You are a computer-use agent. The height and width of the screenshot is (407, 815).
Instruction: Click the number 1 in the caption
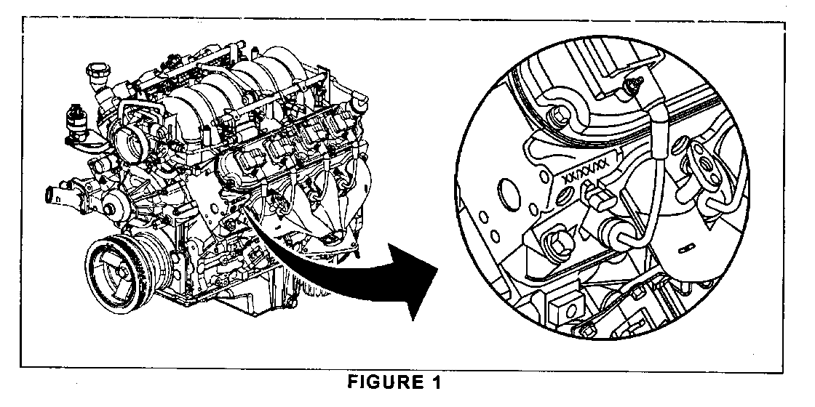point(436,383)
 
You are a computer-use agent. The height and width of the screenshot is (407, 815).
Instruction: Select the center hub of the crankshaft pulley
point(123,272)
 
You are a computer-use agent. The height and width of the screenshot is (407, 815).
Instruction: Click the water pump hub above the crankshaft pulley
point(110,208)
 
